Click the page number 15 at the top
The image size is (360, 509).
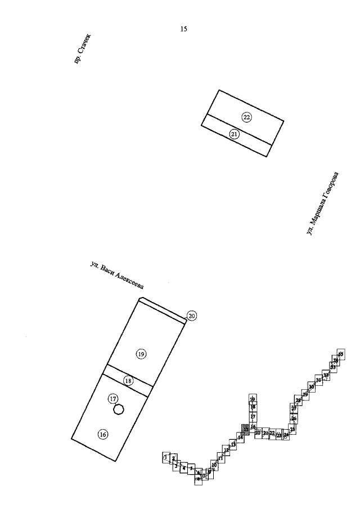point(183,29)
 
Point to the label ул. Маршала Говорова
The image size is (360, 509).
point(323,204)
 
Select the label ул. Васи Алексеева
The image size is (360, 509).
point(117,276)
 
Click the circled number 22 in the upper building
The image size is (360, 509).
point(246,117)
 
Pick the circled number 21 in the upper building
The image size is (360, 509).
point(235,134)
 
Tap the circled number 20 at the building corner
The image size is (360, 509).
point(191,316)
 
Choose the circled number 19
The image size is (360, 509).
point(141,354)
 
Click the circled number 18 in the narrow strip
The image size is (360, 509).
point(128,381)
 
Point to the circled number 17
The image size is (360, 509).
point(113,399)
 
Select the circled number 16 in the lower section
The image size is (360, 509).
point(102,434)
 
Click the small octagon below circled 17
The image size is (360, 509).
point(118,409)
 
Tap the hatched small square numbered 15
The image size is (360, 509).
point(245,429)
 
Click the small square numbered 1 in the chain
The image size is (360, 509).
point(166,457)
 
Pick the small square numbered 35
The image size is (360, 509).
point(340,353)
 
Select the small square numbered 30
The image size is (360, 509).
point(312,388)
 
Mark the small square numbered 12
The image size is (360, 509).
point(226,451)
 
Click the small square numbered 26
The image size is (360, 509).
point(294,419)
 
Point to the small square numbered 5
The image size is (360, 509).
point(191,468)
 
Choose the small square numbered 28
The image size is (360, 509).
point(298,400)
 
